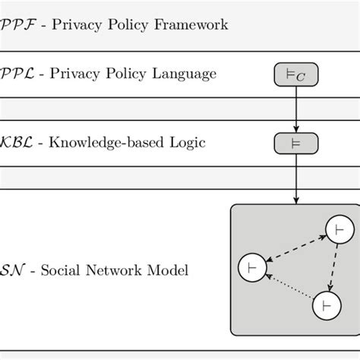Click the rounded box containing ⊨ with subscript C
tap(295, 74)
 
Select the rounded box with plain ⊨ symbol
tap(295, 143)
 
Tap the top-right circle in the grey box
tap(339, 230)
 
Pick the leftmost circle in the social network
tap(252, 267)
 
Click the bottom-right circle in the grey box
tap(327, 306)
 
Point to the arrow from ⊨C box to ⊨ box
tap(295, 108)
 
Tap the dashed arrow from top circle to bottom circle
tap(333, 267)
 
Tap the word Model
tap(170, 270)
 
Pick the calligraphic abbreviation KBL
tap(13, 143)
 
